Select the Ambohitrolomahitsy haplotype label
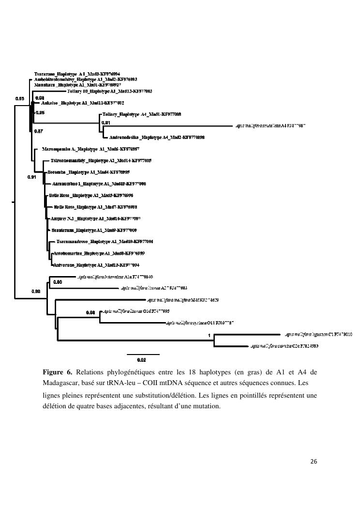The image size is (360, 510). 86,79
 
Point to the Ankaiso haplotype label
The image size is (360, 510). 82,103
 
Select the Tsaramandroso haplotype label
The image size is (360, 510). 105,241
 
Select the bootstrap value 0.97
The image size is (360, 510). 39,131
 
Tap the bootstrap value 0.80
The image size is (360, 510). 58,281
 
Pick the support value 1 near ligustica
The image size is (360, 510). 209,335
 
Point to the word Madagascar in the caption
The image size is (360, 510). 60,383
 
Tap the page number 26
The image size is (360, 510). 313,462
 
